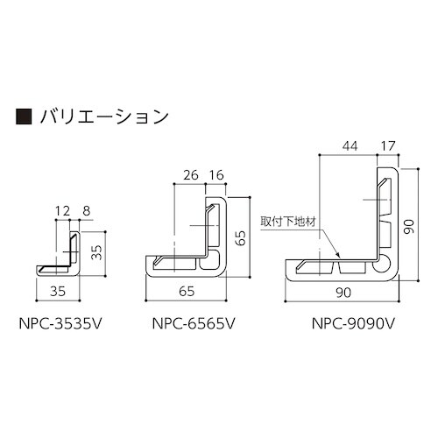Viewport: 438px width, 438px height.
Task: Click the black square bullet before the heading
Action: pos(25,116)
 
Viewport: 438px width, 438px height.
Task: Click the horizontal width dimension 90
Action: pos(343,292)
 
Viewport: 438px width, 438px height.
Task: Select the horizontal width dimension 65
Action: pos(187,292)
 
